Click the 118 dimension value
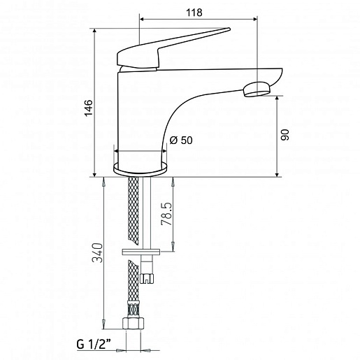(194, 13)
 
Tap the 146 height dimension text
(89, 108)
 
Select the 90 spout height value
(285, 135)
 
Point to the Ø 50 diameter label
(181, 141)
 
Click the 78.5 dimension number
(166, 214)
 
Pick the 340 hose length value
(97, 253)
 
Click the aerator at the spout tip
(257, 89)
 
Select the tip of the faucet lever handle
(229, 29)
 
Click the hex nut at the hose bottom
(134, 323)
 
